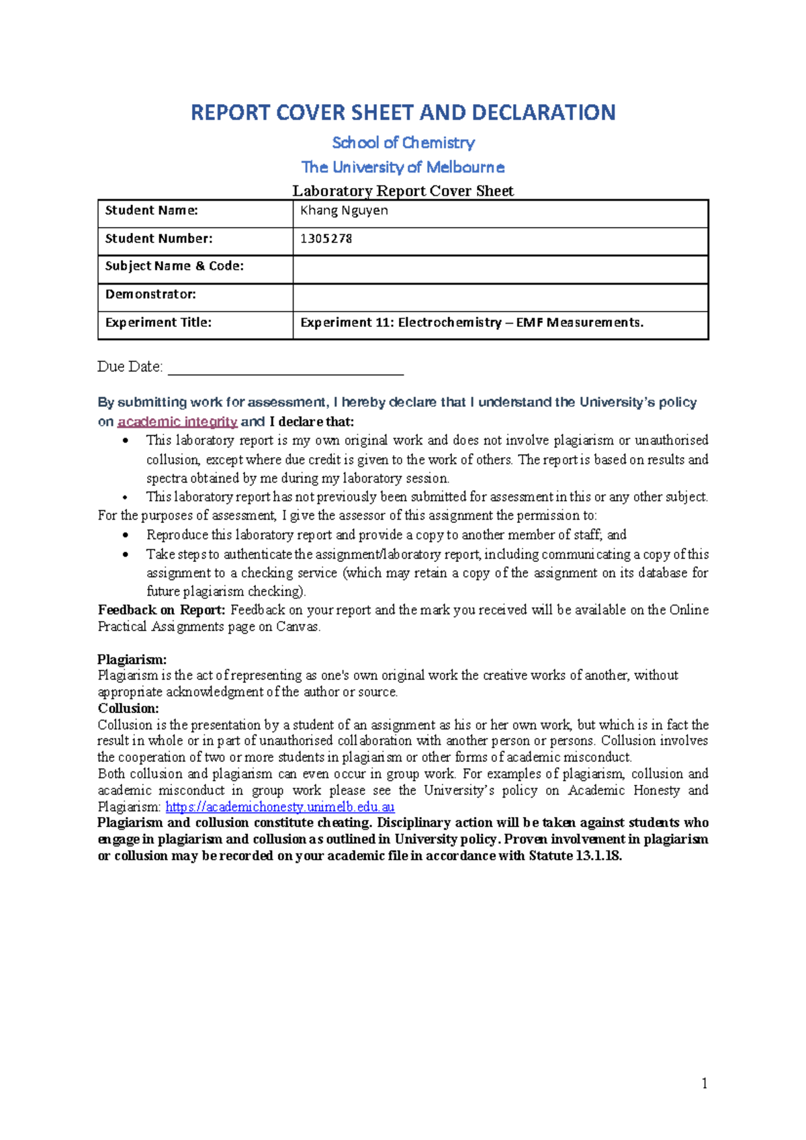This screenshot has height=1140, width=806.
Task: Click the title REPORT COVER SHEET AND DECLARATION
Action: point(403,112)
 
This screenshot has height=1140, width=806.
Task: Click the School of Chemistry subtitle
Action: point(403,142)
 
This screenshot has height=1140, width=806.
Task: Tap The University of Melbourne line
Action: point(403,167)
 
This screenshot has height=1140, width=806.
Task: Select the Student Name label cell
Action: point(152,211)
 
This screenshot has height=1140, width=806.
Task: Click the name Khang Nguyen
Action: point(344,211)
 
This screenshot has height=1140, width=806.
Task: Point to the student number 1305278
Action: point(326,239)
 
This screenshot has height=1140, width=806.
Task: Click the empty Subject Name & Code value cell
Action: point(500,269)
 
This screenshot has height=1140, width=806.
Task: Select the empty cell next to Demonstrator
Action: point(500,297)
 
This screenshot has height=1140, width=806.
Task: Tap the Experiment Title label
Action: point(159,323)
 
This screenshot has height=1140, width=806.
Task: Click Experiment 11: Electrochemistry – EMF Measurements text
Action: point(472,323)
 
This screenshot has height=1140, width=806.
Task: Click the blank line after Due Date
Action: point(285,368)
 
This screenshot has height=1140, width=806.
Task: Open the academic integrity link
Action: point(177,422)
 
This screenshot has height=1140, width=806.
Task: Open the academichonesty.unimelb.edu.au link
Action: point(279,807)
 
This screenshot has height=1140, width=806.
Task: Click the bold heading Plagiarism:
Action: point(132,659)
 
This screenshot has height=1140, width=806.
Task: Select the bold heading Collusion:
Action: point(128,708)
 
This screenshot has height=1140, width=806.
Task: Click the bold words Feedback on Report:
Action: point(161,610)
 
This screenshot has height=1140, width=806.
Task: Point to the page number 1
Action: point(704,1083)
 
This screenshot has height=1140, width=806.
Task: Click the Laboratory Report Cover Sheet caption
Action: point(403,191)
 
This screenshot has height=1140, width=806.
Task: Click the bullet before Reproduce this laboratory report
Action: point(126,536)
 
